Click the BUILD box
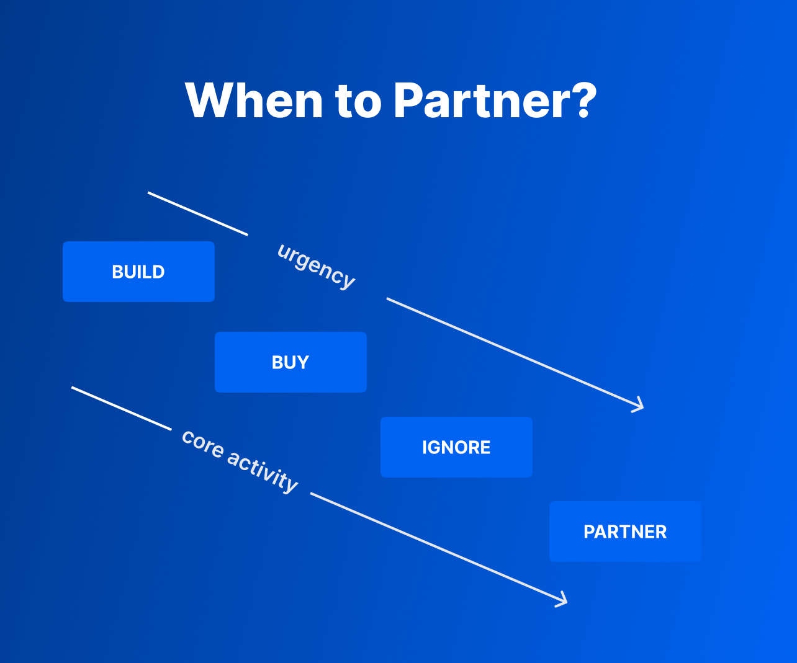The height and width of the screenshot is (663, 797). coord(138,272)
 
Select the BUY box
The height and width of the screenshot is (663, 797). coord(290,362)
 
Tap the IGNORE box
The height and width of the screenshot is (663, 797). coord(456,447)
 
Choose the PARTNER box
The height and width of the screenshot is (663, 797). coord(625,532)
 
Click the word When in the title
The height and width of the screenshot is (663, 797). coord(254,100)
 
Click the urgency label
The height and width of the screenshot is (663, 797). coord(317,267)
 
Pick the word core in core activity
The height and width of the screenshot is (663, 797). coord(202,444)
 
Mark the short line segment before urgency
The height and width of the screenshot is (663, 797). coord(197,214)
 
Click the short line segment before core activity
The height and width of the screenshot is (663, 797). coord(121,408)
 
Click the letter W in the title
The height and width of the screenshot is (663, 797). coord(211,100)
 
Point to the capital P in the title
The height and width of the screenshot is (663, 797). coord(408,100)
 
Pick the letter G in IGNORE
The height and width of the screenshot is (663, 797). coord(436,447)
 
